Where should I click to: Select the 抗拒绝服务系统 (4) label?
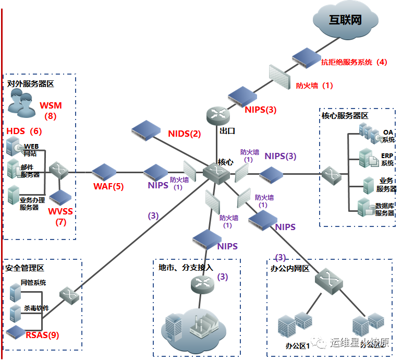354,62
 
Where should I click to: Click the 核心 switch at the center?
214,173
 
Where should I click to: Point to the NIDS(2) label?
184,134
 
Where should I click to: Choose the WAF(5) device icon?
104,171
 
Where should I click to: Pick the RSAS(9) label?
42,335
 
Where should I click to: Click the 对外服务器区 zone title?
30,83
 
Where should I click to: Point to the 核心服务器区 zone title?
345,115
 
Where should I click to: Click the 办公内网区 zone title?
290,269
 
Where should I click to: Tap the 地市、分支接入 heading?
186,267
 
